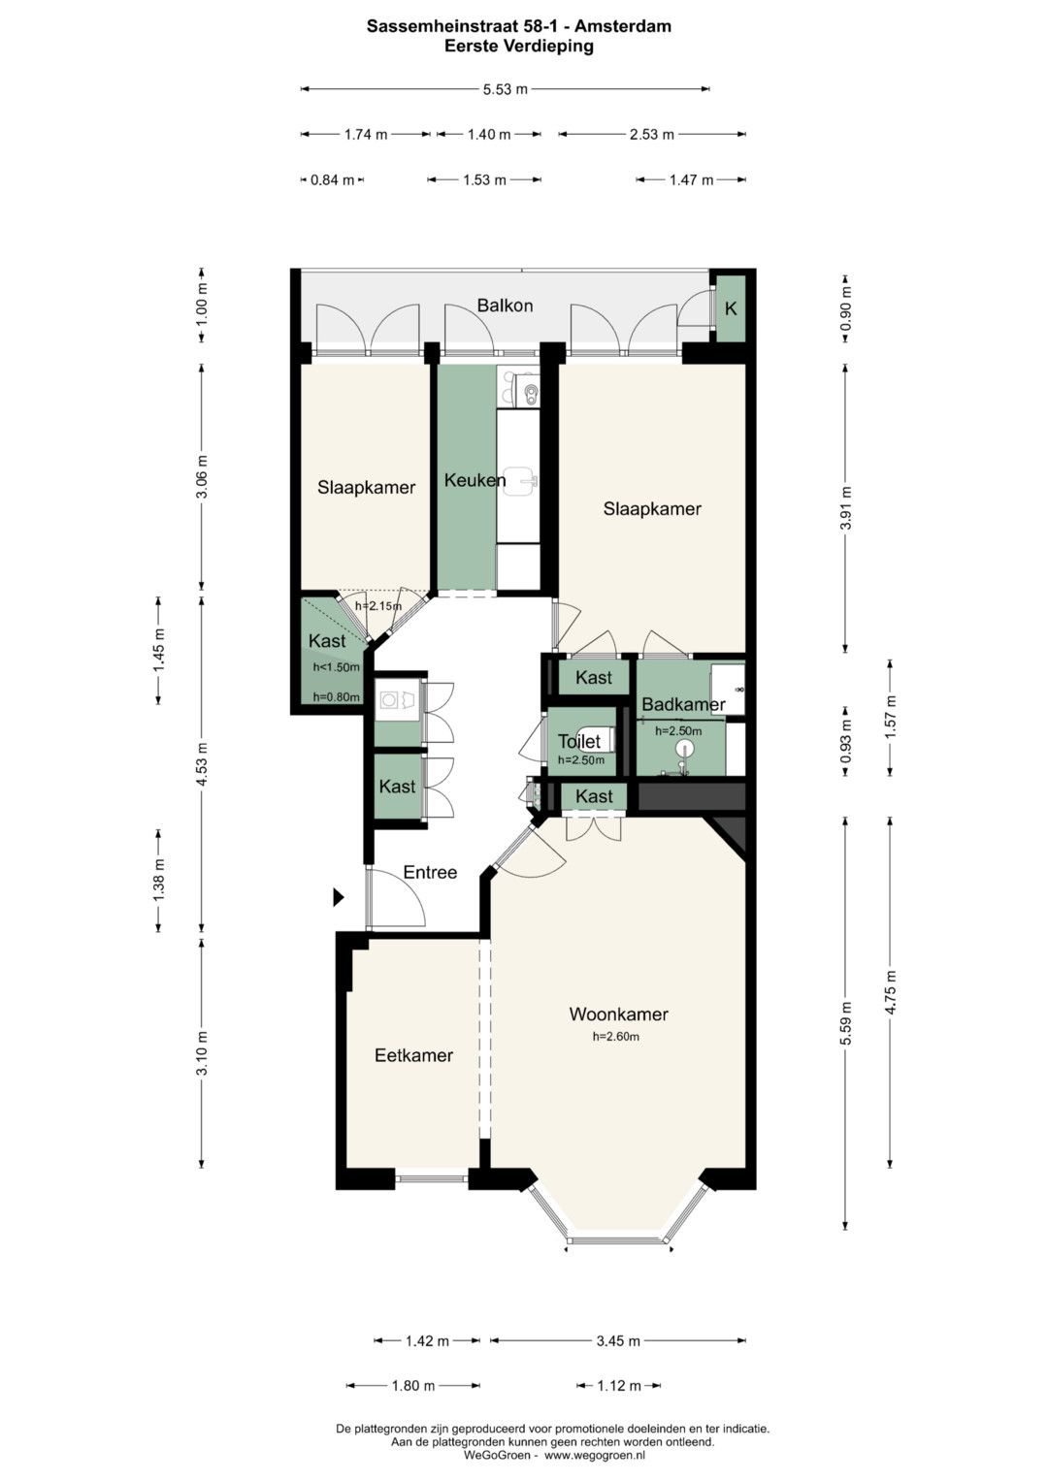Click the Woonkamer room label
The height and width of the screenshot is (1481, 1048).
tap(619, 1014)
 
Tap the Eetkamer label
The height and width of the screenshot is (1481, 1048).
tap(413, 1055)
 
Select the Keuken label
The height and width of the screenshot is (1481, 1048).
tap(475, 480)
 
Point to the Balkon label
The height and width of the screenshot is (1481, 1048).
tap(505, 306)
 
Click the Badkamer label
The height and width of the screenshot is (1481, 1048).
tap(683, 705)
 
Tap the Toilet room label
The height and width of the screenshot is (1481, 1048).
tap(579, 741)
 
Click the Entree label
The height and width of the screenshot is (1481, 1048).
tap(430, 872)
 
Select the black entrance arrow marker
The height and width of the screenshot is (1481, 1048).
tap(339, 897)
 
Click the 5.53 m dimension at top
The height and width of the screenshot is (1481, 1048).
tap(506, 89)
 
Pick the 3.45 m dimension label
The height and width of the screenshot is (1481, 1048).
tap(618, 1340)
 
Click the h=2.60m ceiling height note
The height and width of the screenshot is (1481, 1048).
tap(616, 1037)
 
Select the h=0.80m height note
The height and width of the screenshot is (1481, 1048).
tap(337, 696)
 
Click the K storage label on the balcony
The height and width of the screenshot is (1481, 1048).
tap(731, 308)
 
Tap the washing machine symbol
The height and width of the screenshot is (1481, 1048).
tap(395, 699)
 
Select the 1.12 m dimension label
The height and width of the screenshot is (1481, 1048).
tap(619, 1386)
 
